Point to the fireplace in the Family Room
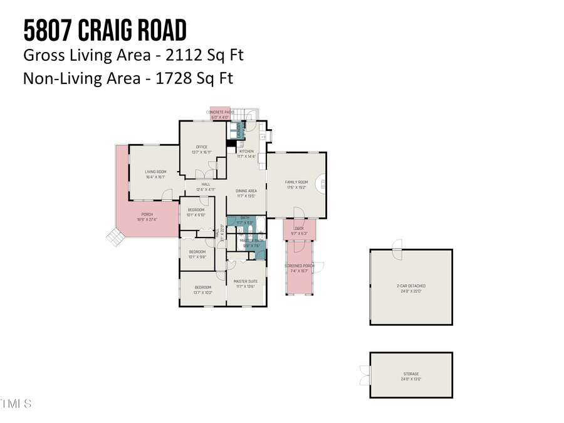pos(323,184)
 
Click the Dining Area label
pos(246,193)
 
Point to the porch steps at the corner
pos(115,237)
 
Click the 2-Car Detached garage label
pos(410,288)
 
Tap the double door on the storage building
pos(365,375)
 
